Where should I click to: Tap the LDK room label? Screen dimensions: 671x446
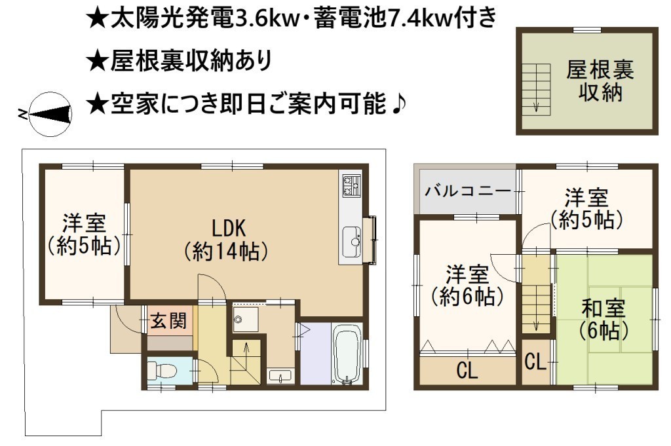(229, 228)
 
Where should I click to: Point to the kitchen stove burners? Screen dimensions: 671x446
(351, 185)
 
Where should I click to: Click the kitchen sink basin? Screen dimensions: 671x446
(352, 242)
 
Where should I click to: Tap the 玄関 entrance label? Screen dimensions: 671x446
(169, 321)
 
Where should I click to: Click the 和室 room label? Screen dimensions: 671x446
(604, 309)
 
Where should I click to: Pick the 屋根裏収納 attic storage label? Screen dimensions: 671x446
(600, 81)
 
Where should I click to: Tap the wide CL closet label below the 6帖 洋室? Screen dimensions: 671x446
(467, 370)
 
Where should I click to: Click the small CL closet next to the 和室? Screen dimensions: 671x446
(535, 362)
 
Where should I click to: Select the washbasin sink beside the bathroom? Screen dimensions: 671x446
(280, 377)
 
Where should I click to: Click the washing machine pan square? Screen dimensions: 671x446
(246, 319)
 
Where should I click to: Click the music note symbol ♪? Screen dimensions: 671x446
(398, 103)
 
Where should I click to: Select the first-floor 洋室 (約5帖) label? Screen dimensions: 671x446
(85, 234)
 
